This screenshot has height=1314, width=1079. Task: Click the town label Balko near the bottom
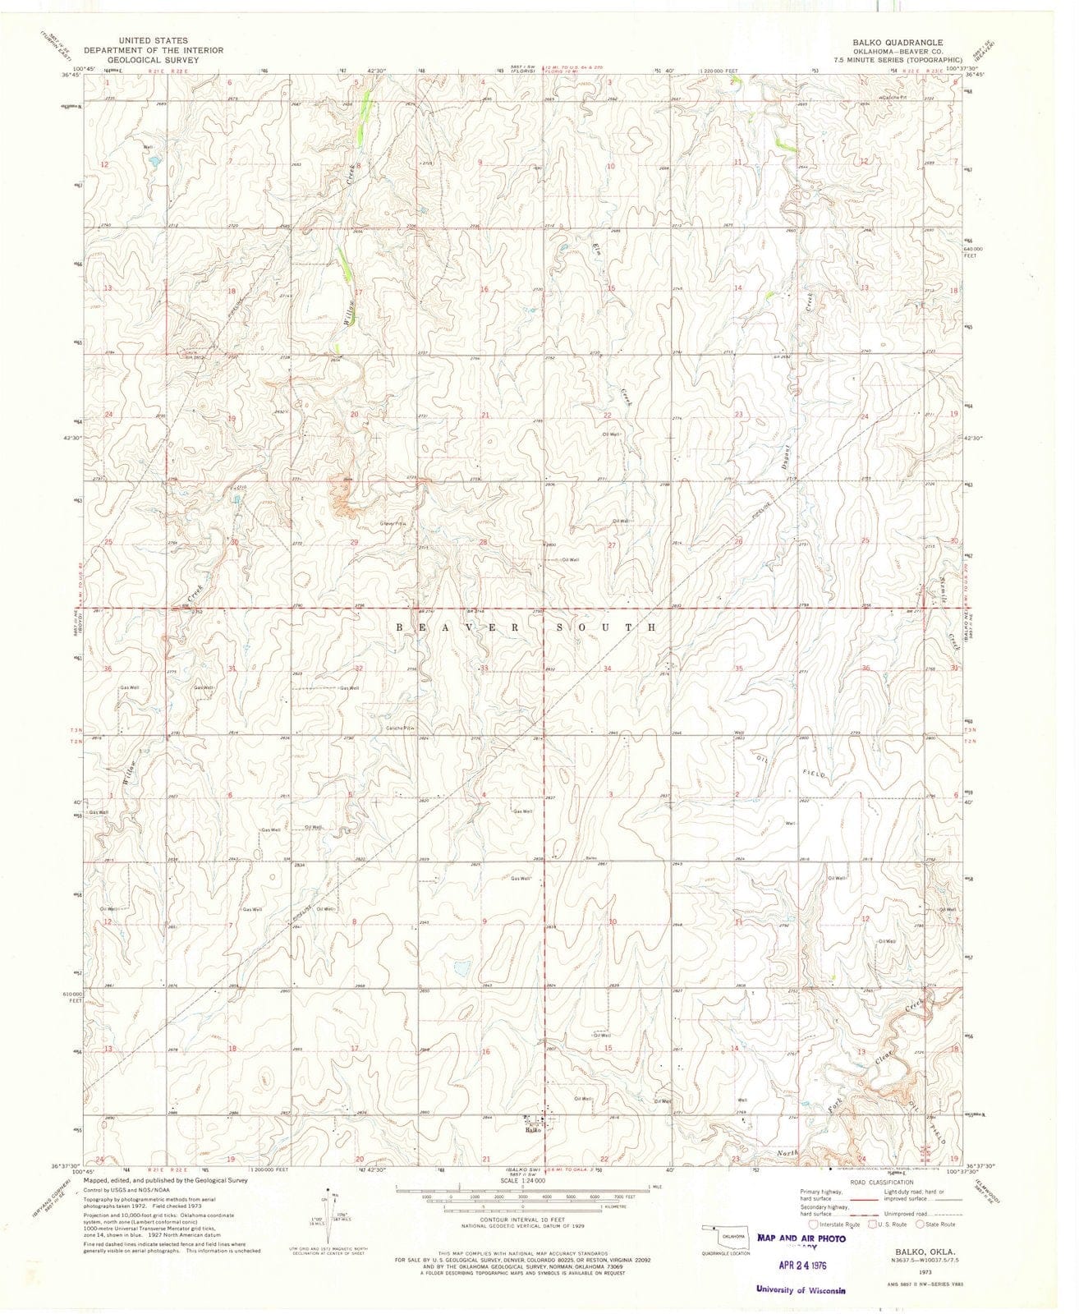(x=534, y=1131)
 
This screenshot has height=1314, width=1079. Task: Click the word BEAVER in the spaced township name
(x=448, y=627)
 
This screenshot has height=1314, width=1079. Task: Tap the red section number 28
(x=484, y=542)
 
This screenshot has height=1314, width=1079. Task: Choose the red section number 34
(x=607, y=668)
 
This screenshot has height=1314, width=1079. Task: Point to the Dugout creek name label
(x=786, y=450)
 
